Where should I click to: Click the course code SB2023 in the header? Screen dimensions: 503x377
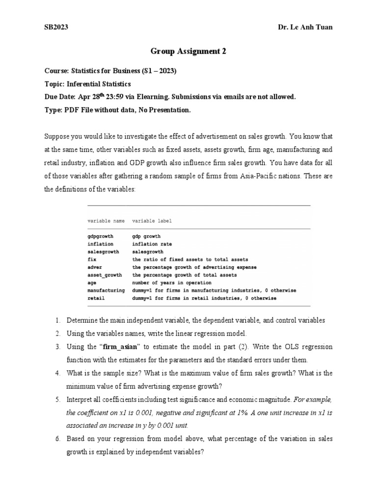[56, 28]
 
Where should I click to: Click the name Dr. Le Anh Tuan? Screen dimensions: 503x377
[305, 28]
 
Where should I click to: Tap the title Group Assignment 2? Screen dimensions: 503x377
[188, 51]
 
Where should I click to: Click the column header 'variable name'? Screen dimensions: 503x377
[106, 221]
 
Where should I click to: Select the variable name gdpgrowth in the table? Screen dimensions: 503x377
[100, 236]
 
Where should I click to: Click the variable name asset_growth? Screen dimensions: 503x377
[105, 275]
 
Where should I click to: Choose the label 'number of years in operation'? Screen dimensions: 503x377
[172, 283]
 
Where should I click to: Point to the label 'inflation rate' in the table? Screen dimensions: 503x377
[152, 244]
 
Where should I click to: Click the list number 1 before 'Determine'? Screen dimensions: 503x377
[57, 321]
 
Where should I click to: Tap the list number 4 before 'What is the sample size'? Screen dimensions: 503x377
[57, 373]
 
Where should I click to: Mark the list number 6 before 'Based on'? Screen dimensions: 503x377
[57, 439]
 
